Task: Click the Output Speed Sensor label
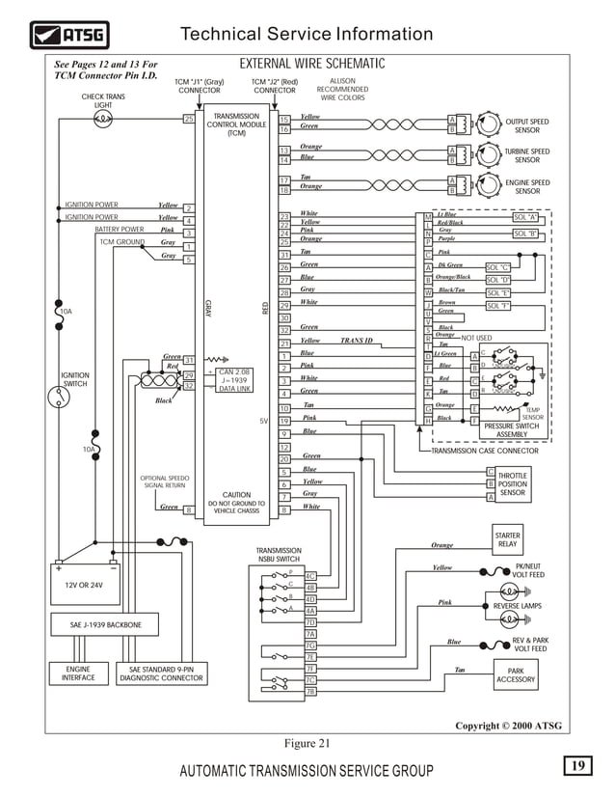526,126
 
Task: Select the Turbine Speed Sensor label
526,156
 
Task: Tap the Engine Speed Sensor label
526,187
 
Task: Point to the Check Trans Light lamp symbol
102,119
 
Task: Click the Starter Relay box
507,539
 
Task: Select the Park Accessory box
515,675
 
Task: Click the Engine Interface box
78,673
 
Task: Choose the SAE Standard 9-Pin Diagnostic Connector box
161,673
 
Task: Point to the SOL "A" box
525,218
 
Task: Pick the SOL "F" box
498,306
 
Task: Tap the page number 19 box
577,765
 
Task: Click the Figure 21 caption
307,743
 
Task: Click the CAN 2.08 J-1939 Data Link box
234,379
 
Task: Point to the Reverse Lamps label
518,606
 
